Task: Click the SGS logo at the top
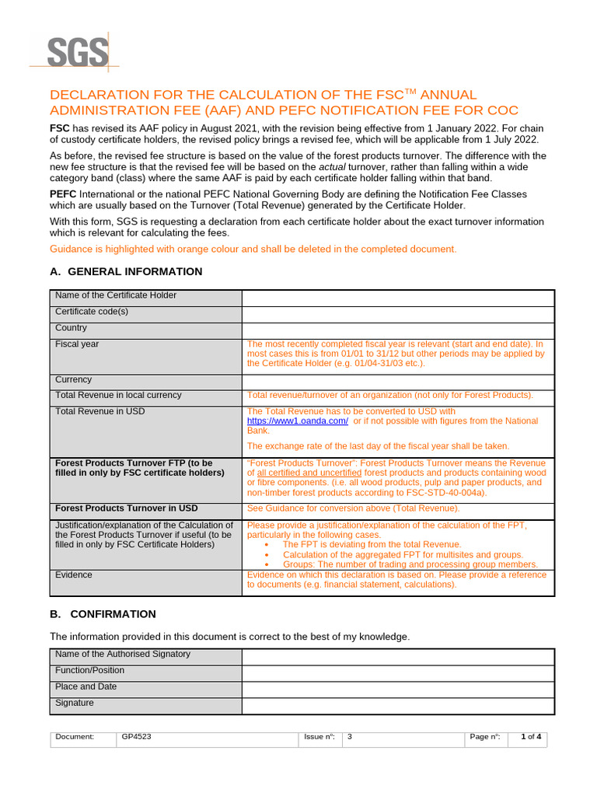pos(76,53)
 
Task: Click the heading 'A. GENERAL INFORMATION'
pos(126,271)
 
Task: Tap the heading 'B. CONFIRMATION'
pos(103,613)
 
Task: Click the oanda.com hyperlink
pos(297,421)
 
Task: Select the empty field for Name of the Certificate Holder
pos(398,298)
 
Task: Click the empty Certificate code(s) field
pos(398,314)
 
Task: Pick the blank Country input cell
pos(398,330)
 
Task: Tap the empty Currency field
pos(398,382)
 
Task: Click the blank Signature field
pos(398,705)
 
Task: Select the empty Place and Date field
pos(398,689)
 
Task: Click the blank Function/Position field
pos(398,672)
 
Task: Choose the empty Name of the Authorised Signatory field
pos(398,656)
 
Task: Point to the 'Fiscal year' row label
pos(77,344)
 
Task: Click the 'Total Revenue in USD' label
pos(99,411)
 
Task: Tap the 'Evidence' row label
pos(74,575)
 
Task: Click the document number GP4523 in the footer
pos(137,737)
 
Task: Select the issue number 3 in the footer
pos(350,737)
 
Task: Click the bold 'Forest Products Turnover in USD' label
pos(126,508)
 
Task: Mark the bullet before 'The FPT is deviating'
pos(268,545)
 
